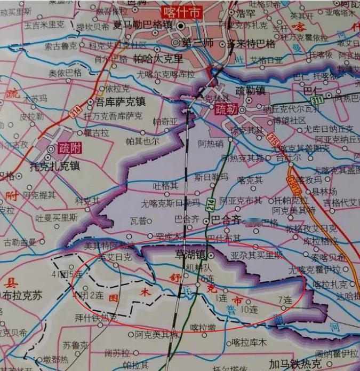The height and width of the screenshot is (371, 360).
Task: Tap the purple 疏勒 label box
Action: (x=225, y=111)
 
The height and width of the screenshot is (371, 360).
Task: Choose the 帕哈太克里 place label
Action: (x=157, y=59)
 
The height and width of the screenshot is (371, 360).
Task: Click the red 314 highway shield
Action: (x=75, y=111)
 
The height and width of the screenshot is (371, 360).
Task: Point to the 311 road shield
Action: (x=317, y=100)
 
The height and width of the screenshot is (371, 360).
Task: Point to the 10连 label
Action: (x=249, y=309)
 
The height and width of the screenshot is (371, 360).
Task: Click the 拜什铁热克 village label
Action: (x=95, y=318)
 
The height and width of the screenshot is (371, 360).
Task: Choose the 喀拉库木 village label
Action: (x=246, y=342)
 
